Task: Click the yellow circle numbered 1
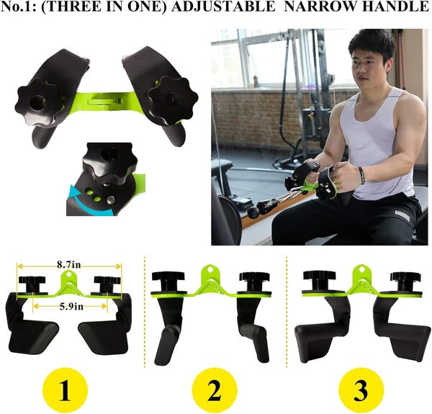pos(64,392)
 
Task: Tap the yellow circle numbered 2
pos(214,392)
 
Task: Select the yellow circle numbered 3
pos(359,392)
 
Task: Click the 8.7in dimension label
pos(70,265)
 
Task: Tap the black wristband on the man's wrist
pos(361,175)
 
